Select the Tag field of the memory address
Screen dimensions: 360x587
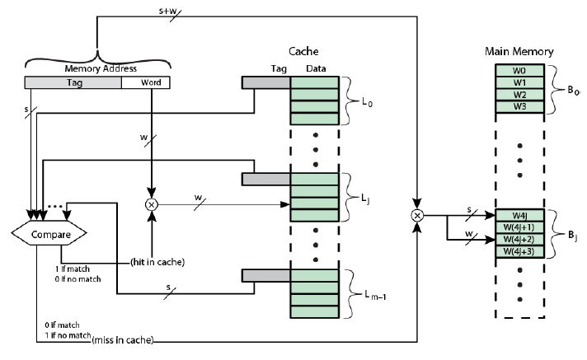[x=73, y=83]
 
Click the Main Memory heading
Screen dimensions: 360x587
[x=519, y=52]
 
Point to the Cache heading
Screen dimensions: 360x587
[x=303, y=51]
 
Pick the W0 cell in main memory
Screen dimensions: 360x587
[x=519, y=71]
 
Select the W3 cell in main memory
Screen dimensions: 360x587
[x=519, y=106]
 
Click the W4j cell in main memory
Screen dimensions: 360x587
[x=519, y=216]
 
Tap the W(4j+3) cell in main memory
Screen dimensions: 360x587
[x=519, y=251]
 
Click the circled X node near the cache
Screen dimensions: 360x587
[x=151, y=203]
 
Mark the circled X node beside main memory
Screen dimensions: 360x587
[x=417, y=216]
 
